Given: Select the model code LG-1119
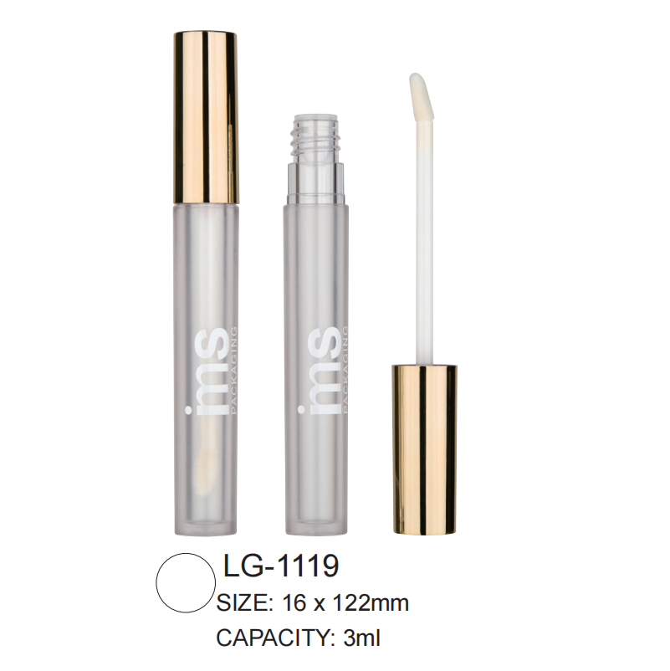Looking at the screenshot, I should pos(281,567).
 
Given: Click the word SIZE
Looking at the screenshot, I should pos(242,602).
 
